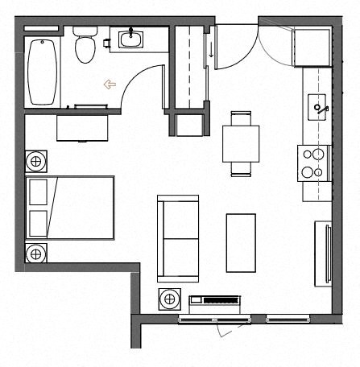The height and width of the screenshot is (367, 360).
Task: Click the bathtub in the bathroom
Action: coord(42,71)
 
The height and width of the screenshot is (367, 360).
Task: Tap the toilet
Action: coord(85,47)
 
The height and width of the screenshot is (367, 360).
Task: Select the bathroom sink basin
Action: coord(130,38)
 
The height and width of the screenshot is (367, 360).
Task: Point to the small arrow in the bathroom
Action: coord(110,84)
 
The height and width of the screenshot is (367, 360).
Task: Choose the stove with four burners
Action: coord(313,163)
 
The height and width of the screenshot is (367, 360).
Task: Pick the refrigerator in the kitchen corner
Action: coord(312,47)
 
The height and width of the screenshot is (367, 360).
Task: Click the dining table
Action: coord(241,143)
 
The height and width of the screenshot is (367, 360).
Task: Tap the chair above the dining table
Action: coord(241,118)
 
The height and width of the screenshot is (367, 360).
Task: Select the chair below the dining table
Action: coord(241,169)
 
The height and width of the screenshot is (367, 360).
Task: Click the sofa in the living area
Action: coord(178,238)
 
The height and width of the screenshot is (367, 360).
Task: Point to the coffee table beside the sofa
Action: coord(241,242)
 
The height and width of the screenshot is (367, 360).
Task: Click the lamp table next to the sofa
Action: coord(170,300)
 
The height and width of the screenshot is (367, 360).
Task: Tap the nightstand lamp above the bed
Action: coord(35,162)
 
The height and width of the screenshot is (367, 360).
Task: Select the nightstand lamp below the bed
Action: coord(35,254)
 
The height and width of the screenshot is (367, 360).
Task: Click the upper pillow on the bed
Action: coord(38,194)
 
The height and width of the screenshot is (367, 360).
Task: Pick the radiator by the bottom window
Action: coord(214,303)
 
